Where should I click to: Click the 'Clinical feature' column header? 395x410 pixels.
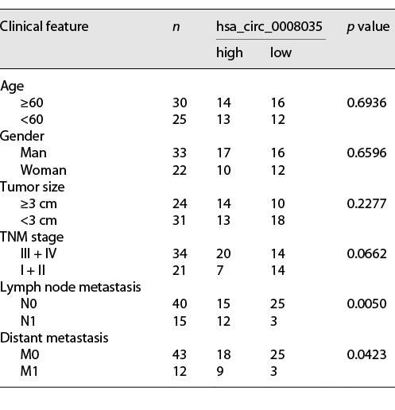pos(45,27)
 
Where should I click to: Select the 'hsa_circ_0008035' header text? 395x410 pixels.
pos(270,27)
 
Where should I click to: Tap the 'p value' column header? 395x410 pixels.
pos(367,27)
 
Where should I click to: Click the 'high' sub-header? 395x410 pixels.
pos(229,53)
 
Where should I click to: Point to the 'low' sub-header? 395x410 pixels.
pos(281,53)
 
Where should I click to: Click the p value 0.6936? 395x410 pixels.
pos(366,103)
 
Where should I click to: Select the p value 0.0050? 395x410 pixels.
pos(366,304)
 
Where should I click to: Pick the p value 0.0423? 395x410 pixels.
pos(366,354)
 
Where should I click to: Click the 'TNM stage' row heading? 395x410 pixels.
pos(32,237)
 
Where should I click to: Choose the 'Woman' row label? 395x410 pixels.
pos(44,170)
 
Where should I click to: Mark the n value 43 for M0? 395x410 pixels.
pos(180,354)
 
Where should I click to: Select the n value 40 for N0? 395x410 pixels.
pos(180,304)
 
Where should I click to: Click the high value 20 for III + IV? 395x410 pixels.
pos(223,253)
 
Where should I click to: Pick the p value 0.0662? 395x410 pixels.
pos(366,253)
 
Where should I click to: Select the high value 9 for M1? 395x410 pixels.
pos(220,370)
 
